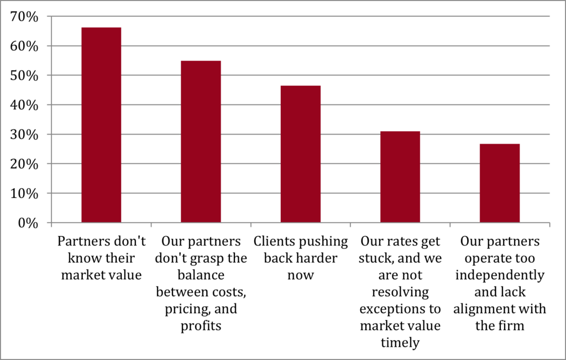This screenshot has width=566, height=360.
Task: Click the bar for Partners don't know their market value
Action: [101, 125]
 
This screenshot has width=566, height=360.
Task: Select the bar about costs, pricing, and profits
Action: [201, 142]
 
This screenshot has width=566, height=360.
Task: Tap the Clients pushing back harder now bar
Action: [300, 154]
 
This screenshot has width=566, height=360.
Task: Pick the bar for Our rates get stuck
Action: [400, 177]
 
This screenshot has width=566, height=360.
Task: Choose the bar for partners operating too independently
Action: [499, 183]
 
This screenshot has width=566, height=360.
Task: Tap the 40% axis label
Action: [24, 105]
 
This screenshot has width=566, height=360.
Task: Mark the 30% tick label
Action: [24, 134]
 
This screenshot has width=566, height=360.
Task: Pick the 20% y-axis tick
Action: [24, 164]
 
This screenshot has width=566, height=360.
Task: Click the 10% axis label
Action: [24, 194]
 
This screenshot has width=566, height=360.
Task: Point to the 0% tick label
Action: [28, 223]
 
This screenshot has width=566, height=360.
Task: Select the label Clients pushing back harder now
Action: [300, 258]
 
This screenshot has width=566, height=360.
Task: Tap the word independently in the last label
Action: [499, 275]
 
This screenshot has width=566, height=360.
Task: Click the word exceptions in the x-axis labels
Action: [400, 309]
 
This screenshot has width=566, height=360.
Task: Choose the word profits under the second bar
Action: [201, 326]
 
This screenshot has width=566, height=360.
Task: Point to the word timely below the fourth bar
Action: [400, 342]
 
